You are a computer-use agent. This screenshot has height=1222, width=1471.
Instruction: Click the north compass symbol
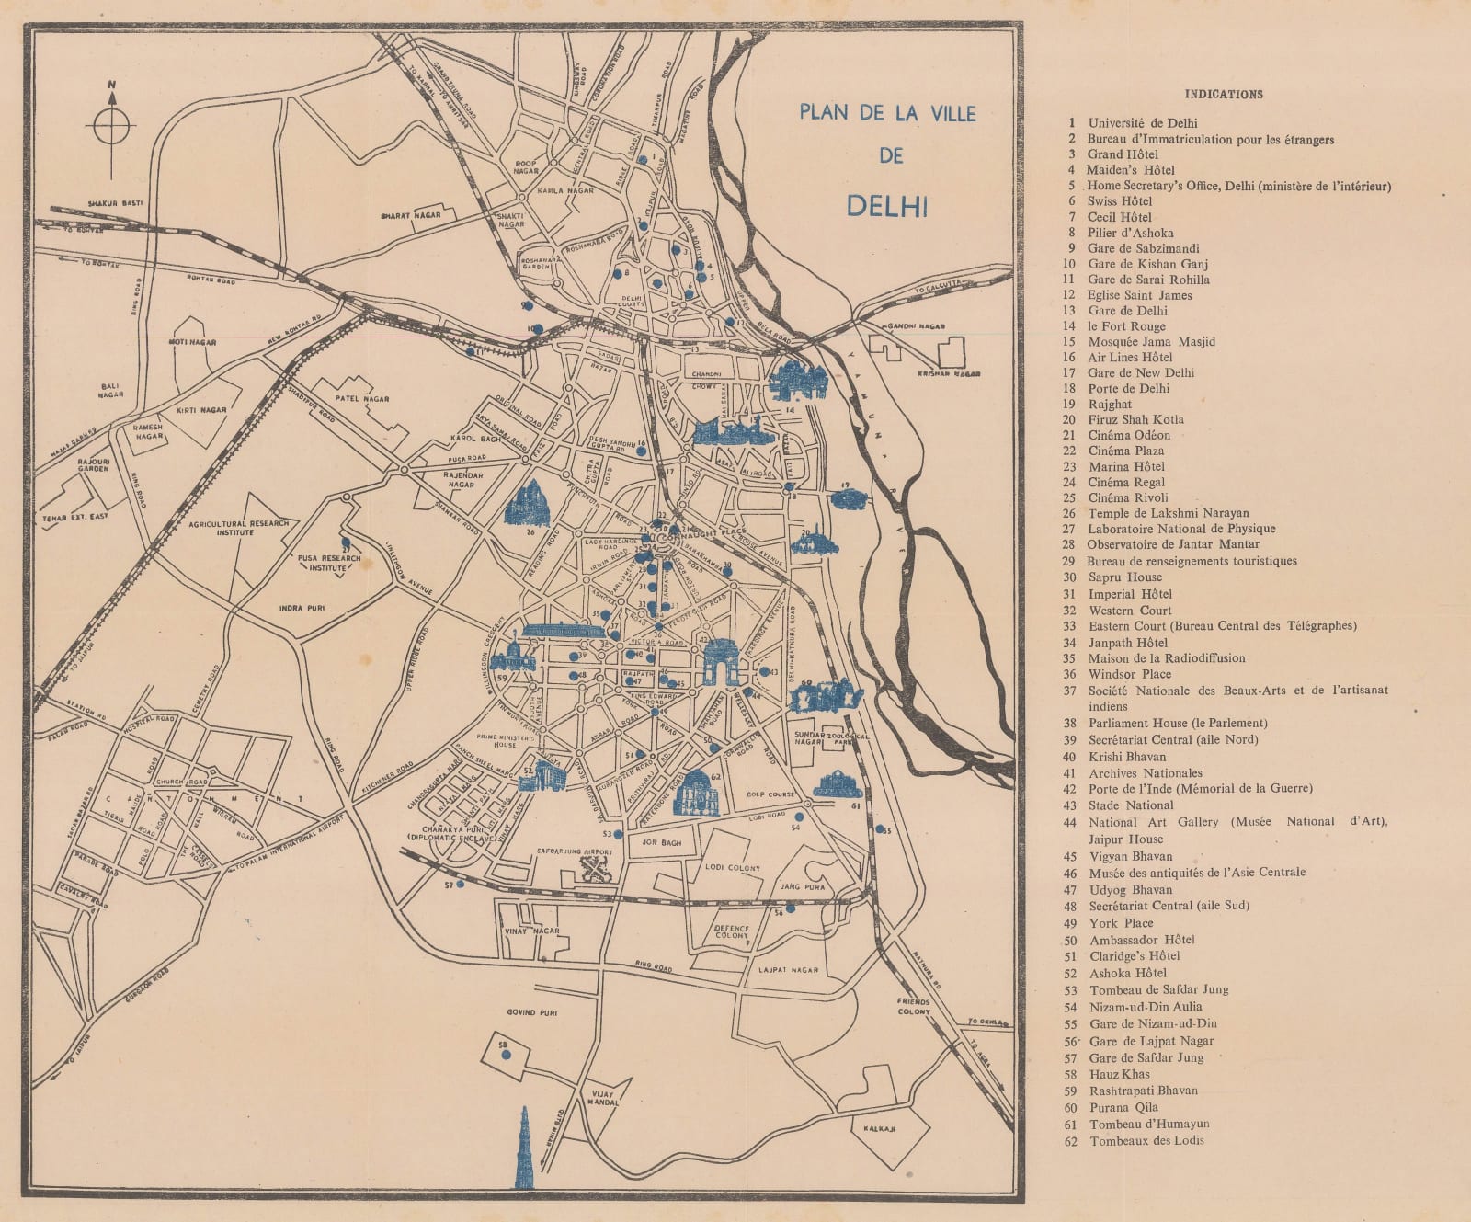111,127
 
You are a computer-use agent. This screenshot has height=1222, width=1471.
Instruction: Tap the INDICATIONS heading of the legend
1223,94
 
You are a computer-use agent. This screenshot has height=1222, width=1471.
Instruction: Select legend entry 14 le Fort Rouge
1126,326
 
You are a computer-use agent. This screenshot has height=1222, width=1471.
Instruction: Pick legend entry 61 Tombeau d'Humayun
1149,1124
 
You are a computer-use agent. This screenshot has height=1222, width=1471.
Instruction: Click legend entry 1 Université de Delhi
1143,123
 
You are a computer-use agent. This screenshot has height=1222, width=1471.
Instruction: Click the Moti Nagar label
192,342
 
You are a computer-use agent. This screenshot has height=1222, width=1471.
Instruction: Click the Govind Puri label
532,1011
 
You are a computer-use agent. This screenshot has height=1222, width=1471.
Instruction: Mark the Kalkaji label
879,1128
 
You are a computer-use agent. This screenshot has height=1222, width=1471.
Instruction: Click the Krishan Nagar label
949,374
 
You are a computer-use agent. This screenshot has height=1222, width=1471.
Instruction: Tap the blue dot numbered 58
506,1055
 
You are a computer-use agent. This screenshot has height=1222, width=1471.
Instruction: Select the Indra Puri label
302,608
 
